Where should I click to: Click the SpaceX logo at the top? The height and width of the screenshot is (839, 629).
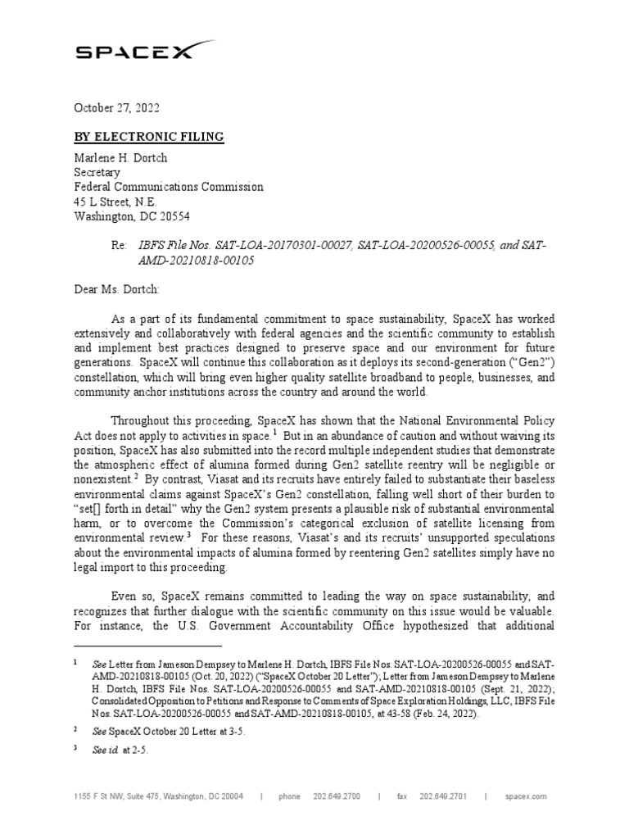click(135, 52)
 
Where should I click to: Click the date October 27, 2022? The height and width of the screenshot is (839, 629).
click(116, 108)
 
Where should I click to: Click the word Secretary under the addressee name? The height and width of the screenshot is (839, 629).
click(97, 173)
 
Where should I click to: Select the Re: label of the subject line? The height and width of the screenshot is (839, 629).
click(120, 246)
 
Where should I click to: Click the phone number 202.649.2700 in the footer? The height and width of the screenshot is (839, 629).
click(337, 796)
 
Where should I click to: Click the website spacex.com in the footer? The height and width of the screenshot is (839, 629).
click(526, 796)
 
